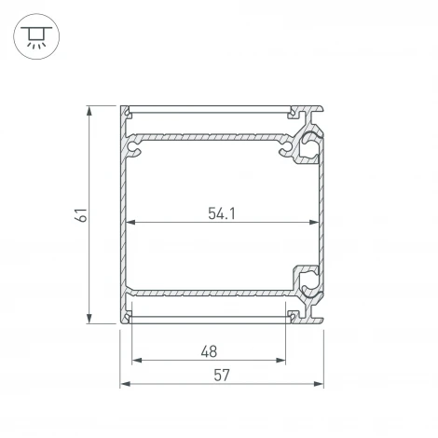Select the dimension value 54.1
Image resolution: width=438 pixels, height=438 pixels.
click(220, 213)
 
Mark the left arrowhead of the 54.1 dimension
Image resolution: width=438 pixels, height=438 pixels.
click(131, 224)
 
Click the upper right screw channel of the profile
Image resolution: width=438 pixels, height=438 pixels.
click(307, 145)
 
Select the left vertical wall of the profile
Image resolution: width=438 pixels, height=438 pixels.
click(123, 214)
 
